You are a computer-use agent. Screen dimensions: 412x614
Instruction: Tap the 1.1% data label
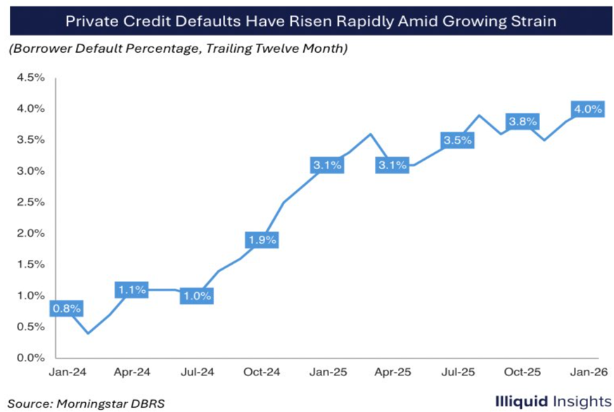[x=132, y=289]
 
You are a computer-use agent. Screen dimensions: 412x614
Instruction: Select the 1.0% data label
[x=197, y=296]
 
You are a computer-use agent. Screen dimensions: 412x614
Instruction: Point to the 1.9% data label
[x=262, y=239]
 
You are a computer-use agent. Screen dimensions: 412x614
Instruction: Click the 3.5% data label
[x=457, y=140]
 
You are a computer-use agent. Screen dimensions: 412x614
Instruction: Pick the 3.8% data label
[x=523, y=121]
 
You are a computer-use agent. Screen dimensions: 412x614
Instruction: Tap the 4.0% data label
[x=587, y=109]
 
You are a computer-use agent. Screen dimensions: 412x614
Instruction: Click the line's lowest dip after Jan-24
[x=87, y=333]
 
